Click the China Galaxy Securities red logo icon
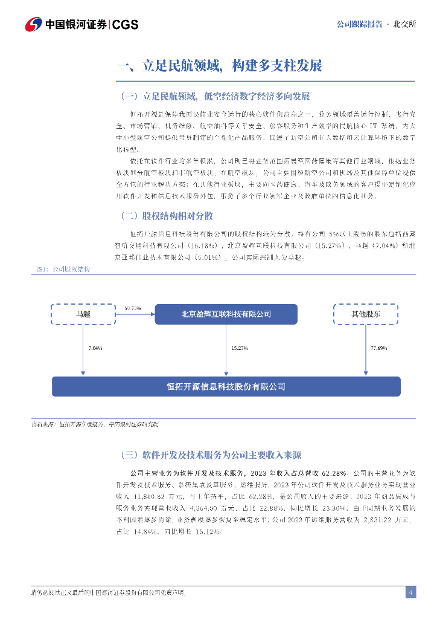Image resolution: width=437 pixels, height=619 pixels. coord(34,25)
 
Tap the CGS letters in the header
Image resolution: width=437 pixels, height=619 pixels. coord(126,25)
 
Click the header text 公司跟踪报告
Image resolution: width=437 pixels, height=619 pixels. coord(359,24)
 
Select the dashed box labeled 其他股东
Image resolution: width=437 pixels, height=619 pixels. coord(366,314)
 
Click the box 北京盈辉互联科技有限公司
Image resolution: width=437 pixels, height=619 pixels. coord(226,314)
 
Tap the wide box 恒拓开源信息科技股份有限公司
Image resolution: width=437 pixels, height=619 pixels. coord(226,386)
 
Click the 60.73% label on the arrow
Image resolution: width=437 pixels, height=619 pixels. coord(132,308)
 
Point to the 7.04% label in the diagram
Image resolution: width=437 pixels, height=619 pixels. coord(95,349)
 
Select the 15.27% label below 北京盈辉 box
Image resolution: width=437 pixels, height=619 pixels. coord(240,349)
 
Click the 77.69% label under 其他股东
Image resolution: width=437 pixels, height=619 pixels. coord(378,349)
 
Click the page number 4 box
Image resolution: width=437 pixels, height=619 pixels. coord(410,592)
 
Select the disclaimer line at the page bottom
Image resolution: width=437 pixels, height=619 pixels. coord(109,592)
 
